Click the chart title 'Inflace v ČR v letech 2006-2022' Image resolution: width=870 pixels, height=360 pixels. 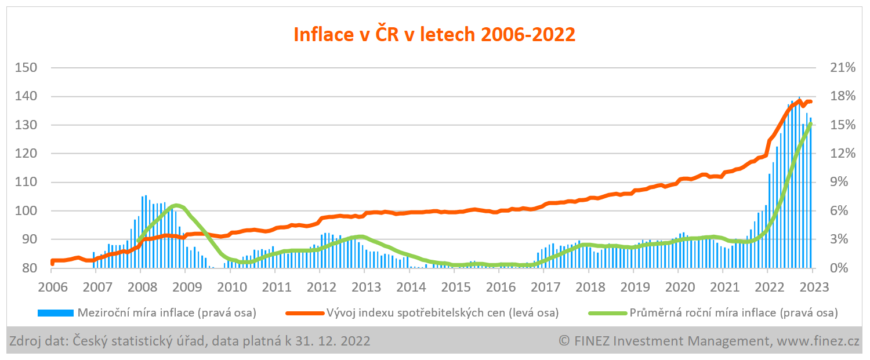[434, 35]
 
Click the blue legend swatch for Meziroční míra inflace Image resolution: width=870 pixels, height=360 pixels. [56, 313]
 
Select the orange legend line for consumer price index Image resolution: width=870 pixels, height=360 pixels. [305, 313]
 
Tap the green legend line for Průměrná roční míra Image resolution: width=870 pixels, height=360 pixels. [608, 313]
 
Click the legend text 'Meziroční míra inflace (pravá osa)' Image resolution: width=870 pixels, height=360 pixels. [167, 313]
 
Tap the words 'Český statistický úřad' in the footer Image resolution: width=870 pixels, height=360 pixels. [139, 341]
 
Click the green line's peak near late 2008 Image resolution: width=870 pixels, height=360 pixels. [177, 206]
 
